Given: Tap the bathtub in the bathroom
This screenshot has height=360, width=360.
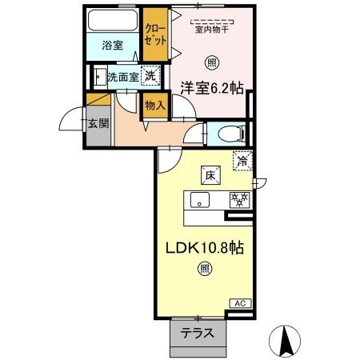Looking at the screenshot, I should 113,21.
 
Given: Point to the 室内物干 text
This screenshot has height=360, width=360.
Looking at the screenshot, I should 212,28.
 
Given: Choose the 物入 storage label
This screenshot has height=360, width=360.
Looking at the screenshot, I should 155,104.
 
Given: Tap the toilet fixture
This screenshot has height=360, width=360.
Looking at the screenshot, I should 229,133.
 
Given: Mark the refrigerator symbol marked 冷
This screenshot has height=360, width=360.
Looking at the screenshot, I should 241,161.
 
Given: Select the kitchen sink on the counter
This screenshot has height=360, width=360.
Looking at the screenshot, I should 200,200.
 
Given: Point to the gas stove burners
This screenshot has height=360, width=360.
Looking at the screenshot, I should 238,200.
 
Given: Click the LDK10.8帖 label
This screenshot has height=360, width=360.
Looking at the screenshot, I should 205,249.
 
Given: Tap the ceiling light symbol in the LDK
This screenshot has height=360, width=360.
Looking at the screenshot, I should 206,270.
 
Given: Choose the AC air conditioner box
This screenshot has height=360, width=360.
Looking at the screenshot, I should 241,303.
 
